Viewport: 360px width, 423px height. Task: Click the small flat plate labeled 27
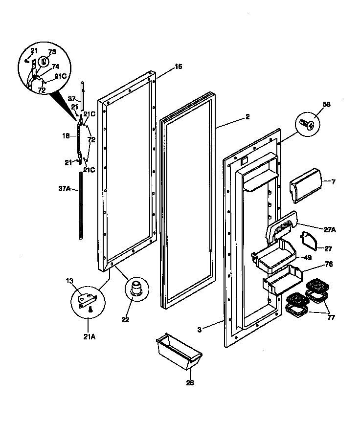309,241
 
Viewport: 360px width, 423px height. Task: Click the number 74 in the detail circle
55,67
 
